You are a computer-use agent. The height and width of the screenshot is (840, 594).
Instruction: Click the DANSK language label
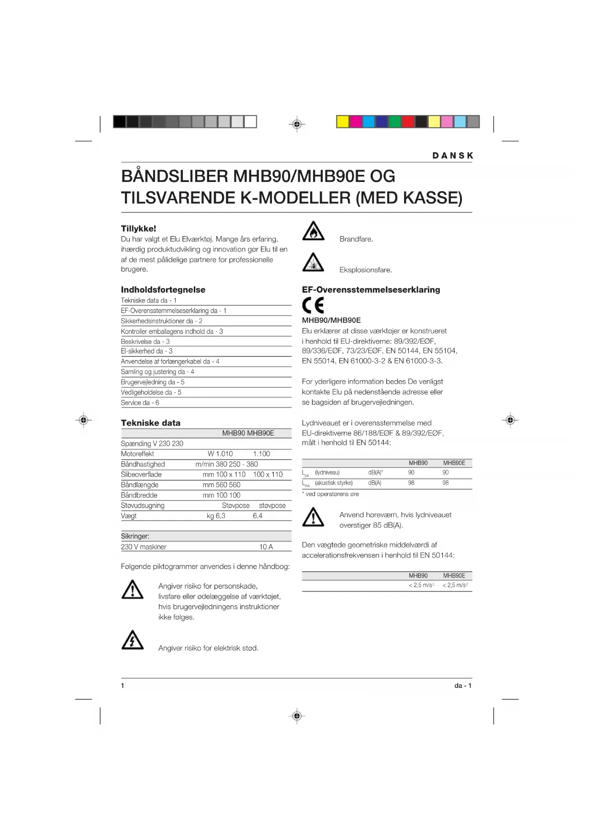click(x=452, y=156)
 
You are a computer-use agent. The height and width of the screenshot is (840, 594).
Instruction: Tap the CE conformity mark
click(x=313, y=306)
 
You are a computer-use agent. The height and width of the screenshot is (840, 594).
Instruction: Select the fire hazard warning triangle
click(x=314, y=231)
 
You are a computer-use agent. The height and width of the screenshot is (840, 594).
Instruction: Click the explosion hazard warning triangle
click(x=314, y=262)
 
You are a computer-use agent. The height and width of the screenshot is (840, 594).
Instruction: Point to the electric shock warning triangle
click(x=133, y=640)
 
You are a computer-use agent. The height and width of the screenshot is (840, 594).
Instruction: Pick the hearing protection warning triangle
click(x=314, y=517)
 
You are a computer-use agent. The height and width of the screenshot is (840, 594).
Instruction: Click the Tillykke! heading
click(x=138, y=229)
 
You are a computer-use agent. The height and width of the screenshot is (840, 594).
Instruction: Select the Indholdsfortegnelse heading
click(x=163, y=290)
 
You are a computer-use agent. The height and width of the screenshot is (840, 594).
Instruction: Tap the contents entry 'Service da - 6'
click(x=140, y=403)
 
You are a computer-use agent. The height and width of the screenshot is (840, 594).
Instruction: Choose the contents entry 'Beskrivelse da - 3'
click(x=145, y=341)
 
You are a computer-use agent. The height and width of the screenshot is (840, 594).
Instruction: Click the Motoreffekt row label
click(x=137, y=454)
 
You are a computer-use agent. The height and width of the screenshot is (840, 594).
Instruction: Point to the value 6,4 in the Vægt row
click(x=258, y=516)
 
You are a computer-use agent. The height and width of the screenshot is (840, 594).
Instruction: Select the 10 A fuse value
click(x=266, y=547)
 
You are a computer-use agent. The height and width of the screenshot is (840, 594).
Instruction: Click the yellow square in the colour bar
click(x=343, y=122)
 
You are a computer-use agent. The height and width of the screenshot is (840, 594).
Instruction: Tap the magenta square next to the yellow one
click(x=356, y=122)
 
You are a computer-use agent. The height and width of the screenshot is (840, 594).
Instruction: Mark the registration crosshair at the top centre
click(x=297, y=125)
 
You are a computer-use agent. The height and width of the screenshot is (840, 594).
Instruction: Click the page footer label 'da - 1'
click(x=463, y=686)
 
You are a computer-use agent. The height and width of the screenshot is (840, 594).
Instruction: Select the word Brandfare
click(x=356, y=239)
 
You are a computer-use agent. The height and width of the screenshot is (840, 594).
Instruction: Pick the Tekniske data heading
click(x=150, y=423)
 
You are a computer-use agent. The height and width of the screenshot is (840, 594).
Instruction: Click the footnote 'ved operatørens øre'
click(x=332, y=494)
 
